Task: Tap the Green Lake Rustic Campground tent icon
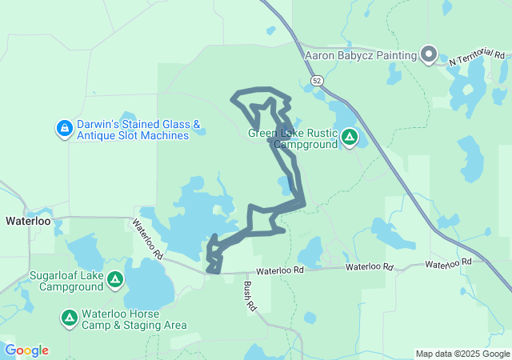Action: (349, 138)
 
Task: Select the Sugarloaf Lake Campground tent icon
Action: (115, 280)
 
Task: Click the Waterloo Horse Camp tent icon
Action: (70, 318)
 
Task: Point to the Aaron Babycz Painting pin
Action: (428, 55)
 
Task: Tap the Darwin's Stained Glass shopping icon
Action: (65, 128)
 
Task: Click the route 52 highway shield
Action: (318, 82)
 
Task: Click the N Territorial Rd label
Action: (478, 58)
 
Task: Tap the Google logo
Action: (26, 350)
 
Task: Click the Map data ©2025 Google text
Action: (462, 354)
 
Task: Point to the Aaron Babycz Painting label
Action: (361, 55)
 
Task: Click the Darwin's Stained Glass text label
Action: (133, 130)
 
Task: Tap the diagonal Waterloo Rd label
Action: (148, 239)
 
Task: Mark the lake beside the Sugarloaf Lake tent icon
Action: (144, 286)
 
